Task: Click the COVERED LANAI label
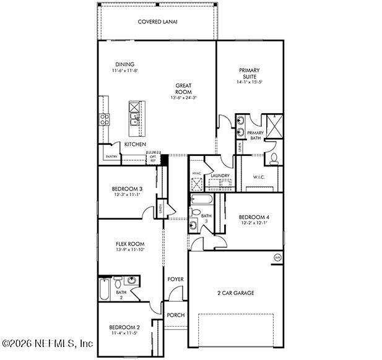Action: click(x=158, y=22)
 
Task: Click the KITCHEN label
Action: click(x=135, y=144)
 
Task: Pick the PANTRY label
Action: click(x=111, y=156)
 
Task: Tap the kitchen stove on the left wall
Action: click(x=103, y=118)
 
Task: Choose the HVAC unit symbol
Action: click(x=196, y=182)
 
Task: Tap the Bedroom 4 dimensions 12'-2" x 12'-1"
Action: click(x=254, y=223)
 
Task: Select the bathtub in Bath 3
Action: click(x=201, y=199)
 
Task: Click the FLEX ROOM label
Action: click(x=130, y=244)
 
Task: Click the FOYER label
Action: click(x=175, y=279)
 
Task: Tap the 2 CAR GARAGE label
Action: click(x=236, y=293)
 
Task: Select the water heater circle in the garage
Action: click(x=277, y=257)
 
